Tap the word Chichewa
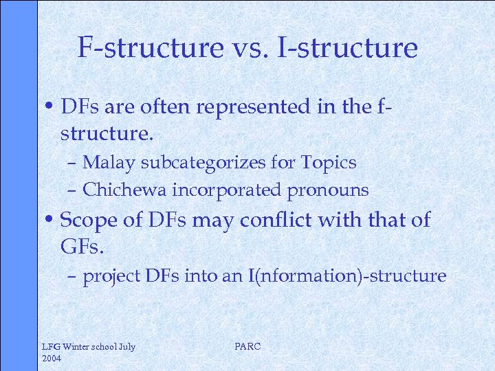pyautogui.click(x=121, y=190)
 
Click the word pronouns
pyautogui.click(x=329, y=190)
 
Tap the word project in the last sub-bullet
pyautogui.click(x=111, y=276)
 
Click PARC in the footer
pyautogui.click(x=247, y=346)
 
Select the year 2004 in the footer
pyautogui.click(x=52, y=359)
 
